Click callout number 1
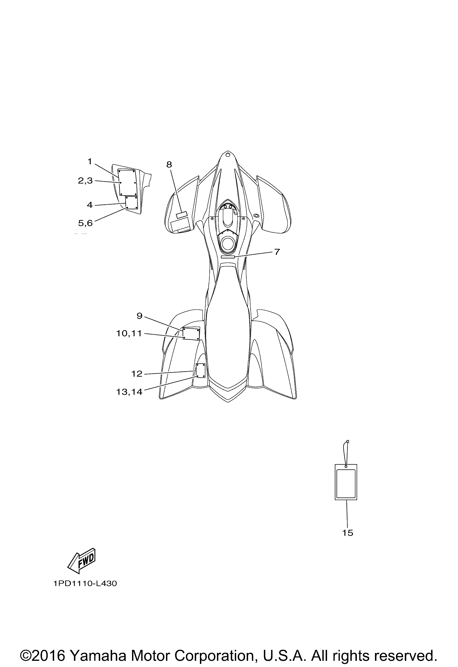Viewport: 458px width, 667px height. tap(90, 162)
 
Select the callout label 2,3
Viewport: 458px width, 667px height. tap(86, 180)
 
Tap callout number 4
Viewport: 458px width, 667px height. tap(90, 205)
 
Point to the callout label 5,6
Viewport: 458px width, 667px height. tap(86, 223)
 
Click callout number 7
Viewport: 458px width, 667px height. tap(277, 252)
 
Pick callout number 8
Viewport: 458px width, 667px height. tap(169, 164)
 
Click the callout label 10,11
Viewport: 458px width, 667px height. tap(129, 333)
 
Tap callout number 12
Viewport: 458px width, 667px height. tap(137, 374)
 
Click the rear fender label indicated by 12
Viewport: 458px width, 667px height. tap(200, 370)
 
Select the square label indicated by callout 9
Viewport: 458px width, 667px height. tap(191, 334)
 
